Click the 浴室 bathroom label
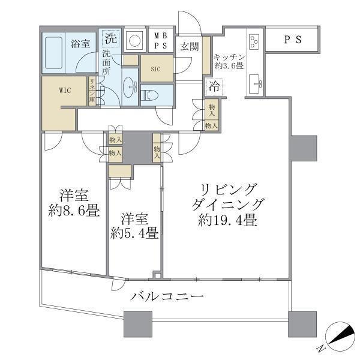(81, 43)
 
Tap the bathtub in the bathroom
(55, 53)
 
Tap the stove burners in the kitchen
(253, 42)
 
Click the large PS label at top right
(293, 40)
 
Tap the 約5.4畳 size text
(134, 232)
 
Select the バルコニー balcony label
(167, 296)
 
